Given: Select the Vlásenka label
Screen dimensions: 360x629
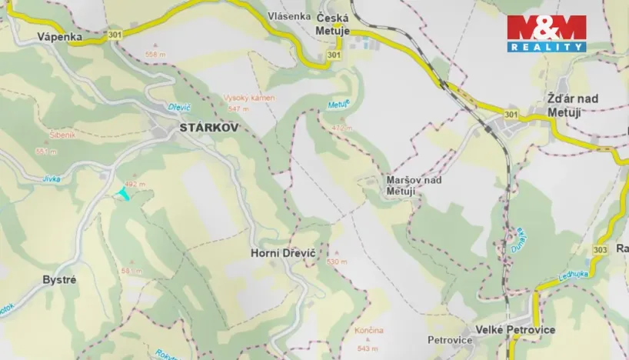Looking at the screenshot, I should point(289,16).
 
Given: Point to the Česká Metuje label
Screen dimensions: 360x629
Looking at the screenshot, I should point(333,25).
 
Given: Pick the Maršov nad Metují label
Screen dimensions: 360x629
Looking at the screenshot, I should point(413,185).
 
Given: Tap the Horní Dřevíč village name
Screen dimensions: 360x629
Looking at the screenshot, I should point(282,252).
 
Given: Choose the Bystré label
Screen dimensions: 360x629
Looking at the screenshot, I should point(59,280).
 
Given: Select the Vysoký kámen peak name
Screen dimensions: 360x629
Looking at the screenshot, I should point(243,98).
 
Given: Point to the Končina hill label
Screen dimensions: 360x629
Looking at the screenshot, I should point(369,330).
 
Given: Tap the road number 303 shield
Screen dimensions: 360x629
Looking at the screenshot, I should point(601,250).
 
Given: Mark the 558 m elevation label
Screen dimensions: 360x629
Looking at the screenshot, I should point(155,55).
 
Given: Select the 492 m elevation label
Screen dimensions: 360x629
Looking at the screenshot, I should point(135,185).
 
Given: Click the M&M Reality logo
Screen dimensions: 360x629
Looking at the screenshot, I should point(546,33).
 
